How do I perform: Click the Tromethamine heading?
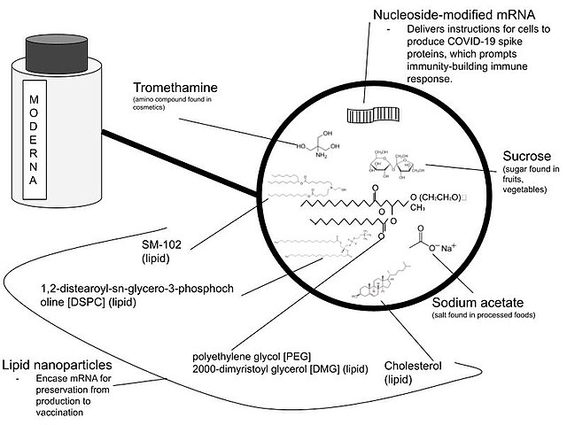pyautogui.click(x=175, y=89)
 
